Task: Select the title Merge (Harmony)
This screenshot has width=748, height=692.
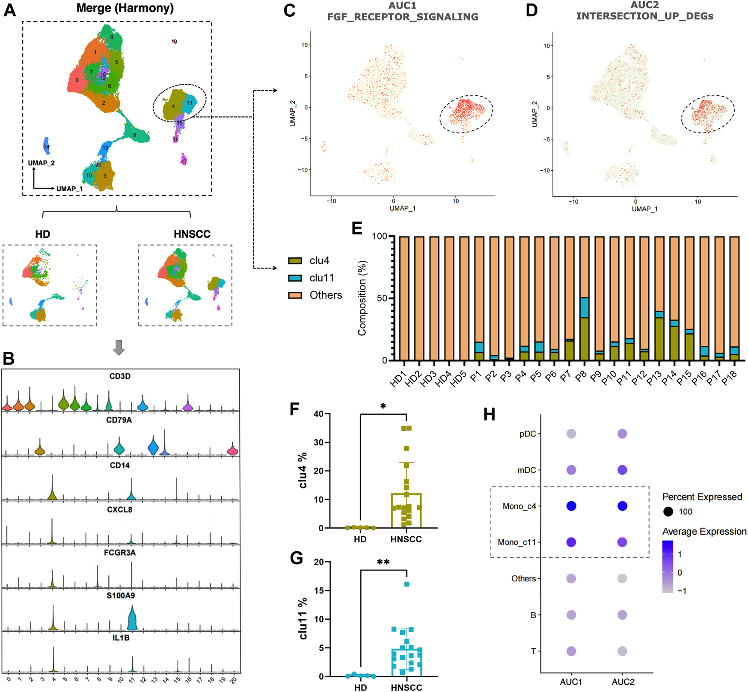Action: tap(125, 8)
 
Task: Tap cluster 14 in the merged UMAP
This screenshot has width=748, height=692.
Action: tap(46, 146)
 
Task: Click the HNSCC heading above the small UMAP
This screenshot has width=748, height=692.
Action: tap(192, 234)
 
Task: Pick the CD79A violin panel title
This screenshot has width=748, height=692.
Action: tap(119, 420)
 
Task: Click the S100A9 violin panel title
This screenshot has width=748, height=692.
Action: tap(120, 595)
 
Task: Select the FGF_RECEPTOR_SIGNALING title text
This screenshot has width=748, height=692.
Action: tap(403, 17)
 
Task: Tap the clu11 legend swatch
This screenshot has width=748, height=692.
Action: tap(295, 278)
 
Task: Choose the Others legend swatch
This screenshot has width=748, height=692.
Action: tap(295, 295)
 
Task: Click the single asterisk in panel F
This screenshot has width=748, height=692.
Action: tap(383, 407)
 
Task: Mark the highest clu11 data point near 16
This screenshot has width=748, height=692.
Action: tap(407, 584)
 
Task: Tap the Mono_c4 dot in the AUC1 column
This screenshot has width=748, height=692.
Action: tap(571, 506)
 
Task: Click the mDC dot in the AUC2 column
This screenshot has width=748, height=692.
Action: tap(622, 470)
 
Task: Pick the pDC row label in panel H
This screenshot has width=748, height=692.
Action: tap(528, 434)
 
